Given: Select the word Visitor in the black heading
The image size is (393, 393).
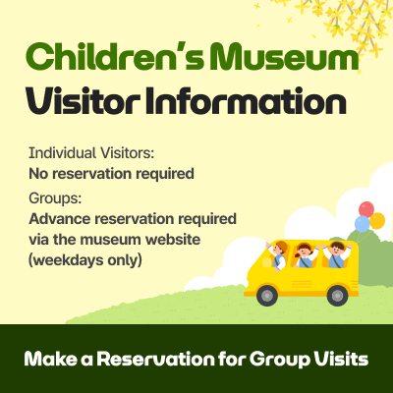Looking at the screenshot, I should click(81, 102).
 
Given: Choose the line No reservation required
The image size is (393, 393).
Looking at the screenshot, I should click(111, 174).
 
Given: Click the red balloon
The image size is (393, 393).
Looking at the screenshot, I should click(366, 208).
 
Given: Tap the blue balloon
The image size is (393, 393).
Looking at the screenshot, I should click(362, 224).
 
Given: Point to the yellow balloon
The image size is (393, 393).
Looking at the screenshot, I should click(377, 220).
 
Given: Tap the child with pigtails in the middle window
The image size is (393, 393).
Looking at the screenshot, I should click(304, 255).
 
